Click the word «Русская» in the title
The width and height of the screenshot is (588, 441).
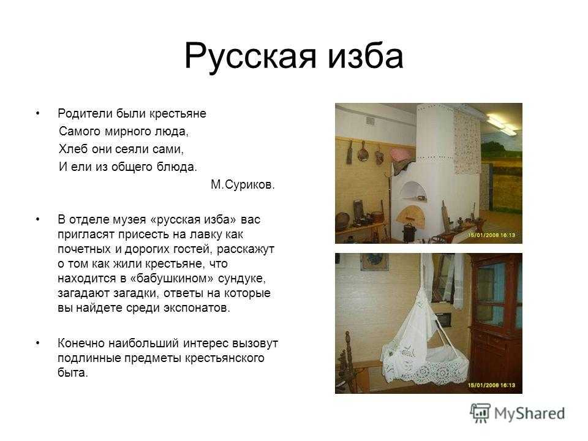(x=250, y=57)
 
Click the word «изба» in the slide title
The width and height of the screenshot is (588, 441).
(x=366, y=56)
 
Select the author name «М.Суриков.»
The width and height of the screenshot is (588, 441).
(x=243, y=184)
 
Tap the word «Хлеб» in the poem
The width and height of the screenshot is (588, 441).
(x=73, y=149)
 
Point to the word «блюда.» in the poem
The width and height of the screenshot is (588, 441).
(x=176, y=167)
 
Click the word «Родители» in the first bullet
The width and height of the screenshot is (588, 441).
(x=85, y=113)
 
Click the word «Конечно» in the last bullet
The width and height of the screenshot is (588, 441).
(x=81, y=343)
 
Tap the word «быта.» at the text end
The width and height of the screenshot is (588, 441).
(x=73, y=373)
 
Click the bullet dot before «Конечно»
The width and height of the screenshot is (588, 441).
(x=37, y=343)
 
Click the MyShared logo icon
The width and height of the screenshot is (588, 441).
(x=480, y=413)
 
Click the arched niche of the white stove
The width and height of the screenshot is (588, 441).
(x=413, y=191)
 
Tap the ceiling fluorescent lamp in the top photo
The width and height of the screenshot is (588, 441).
(x=500, y=124)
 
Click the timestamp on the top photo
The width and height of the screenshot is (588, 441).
(x=491, y=235)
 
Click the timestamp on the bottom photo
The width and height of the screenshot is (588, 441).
(x=491, y=385)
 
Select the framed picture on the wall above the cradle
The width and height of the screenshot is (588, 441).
(x=374, y=262)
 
